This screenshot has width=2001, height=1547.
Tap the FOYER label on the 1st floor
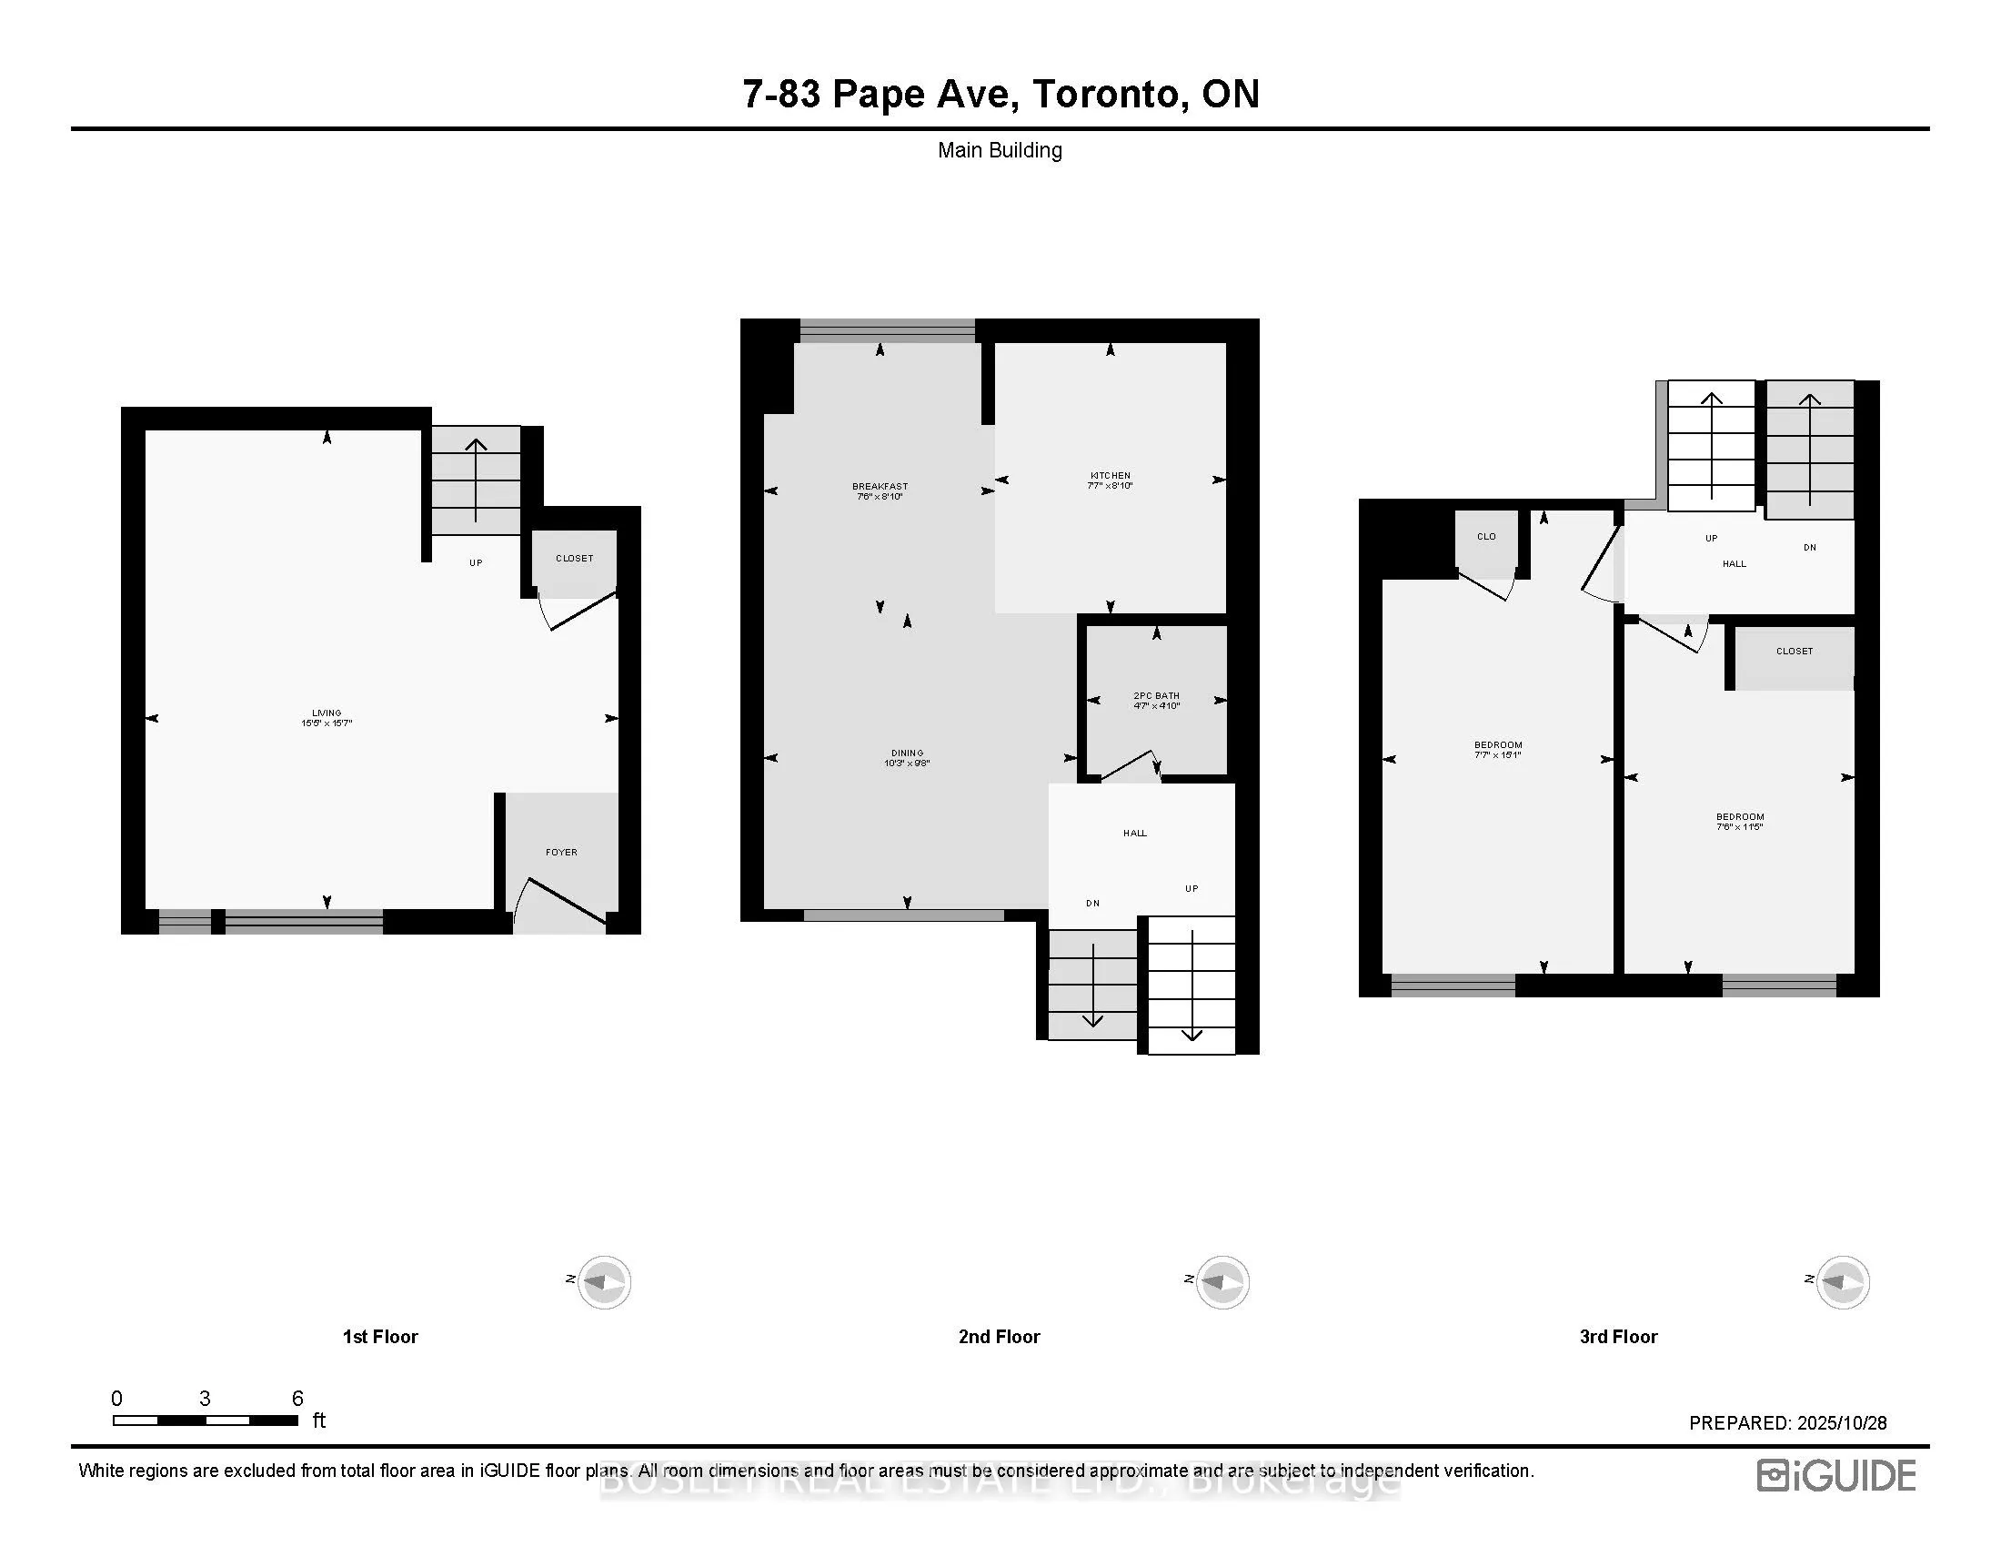[560, 853]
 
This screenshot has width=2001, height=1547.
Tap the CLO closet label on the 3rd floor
[1486, 537]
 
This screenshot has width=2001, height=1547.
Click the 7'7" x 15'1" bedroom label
[1498, 750]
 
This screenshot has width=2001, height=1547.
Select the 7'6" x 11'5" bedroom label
[1739, 821]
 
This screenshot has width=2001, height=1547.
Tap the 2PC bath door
[1129, 766]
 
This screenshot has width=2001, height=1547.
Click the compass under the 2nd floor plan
[1222, 1281]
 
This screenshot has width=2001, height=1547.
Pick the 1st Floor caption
[379, 1337]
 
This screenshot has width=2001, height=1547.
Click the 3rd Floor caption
[1618, 1337]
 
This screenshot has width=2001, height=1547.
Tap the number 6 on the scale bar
[297, 1399]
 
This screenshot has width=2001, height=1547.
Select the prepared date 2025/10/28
[1842, 1423]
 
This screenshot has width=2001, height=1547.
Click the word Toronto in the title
[1111, 95]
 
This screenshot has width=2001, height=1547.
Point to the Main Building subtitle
[1000, 150]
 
